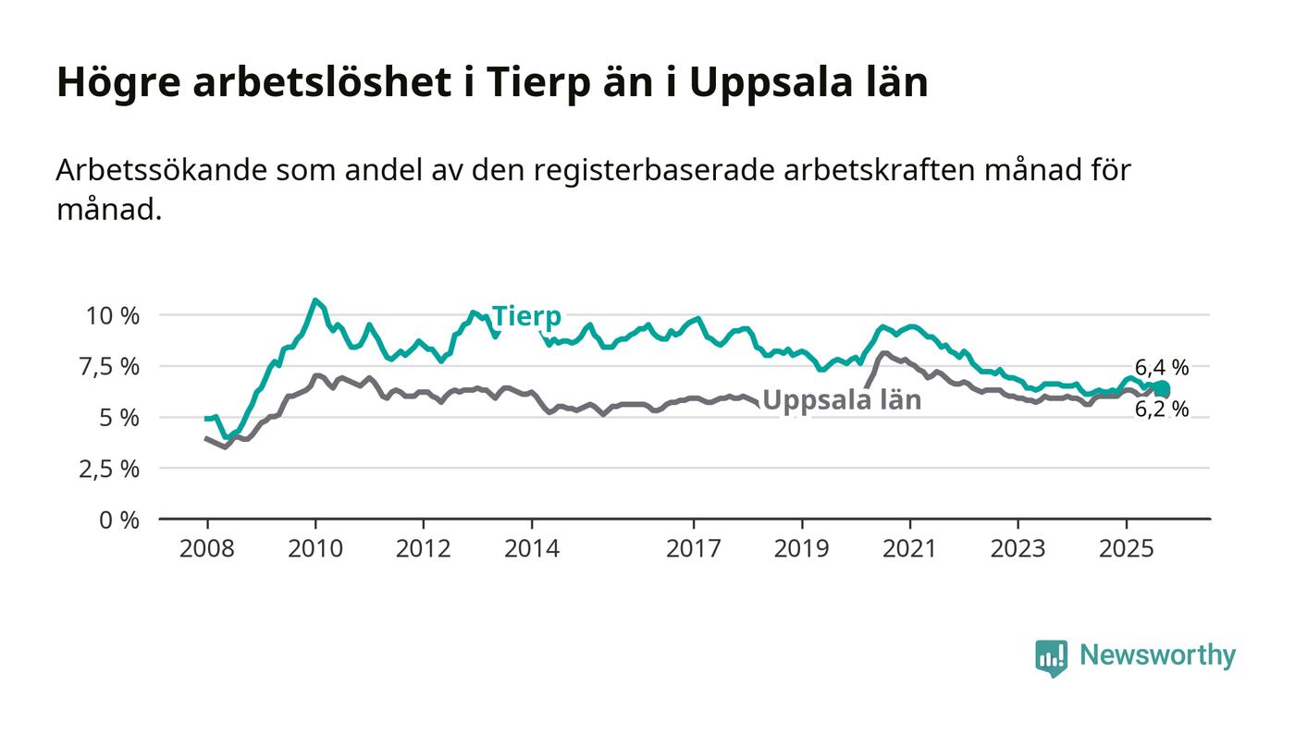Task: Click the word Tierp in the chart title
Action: pos(536,83)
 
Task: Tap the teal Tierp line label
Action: pos(525,316)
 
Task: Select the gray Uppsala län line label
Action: pos(842,401)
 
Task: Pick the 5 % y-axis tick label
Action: pos(119,418)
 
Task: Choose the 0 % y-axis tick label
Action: pos(119,520)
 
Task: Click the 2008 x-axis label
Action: pos(207,549)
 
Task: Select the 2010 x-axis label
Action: pos(315,549)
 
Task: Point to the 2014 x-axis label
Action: pos(532,549)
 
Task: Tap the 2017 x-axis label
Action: pos(694,549)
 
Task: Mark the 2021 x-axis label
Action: pos(910,549)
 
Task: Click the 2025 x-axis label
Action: pos(1127,549)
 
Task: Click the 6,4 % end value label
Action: pos(1162,367)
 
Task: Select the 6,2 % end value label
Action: pos(1162,409)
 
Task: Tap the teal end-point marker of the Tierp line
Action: pos(1162,388)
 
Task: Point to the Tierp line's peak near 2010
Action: pos(315,300)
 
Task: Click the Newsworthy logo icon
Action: pos(1051,657)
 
